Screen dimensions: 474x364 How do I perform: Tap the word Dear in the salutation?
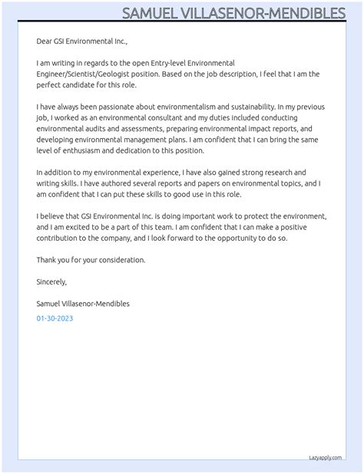click(45, 41)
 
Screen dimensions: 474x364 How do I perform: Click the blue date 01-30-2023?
click(55, 318)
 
